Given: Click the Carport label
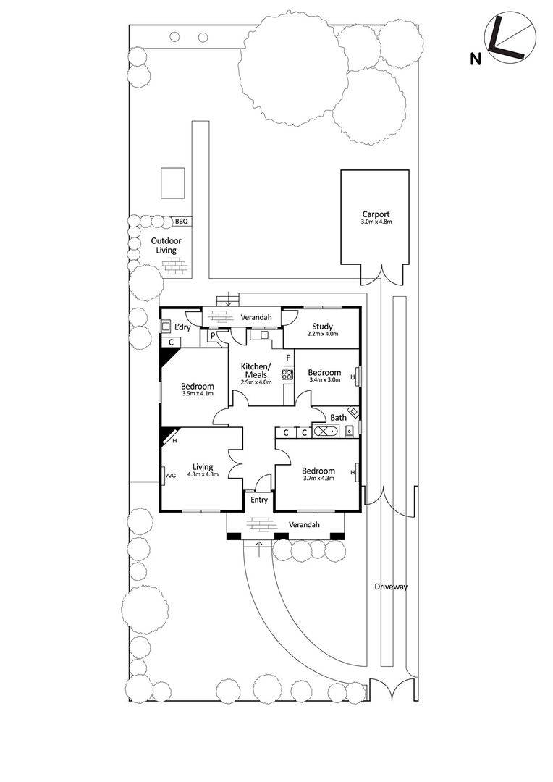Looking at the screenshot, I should [376, 214].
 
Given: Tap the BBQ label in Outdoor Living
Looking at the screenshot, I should [181, 222].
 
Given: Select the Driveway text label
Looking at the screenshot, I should [391, 586].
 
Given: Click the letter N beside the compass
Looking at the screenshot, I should [476, 59].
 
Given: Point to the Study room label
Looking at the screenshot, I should [322, 327].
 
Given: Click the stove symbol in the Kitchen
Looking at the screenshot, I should [287, 375].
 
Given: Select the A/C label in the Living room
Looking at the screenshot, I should [171, 476].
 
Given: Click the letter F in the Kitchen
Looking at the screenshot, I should [287, 357].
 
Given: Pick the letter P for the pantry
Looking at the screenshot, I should [214, 336].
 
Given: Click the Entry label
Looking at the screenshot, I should [258, 500].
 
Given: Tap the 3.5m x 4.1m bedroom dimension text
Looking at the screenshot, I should [197, 394].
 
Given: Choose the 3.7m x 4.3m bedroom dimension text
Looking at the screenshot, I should [318, 477].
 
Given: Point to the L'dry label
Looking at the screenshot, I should [182, 327].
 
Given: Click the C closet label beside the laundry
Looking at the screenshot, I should [171, 342].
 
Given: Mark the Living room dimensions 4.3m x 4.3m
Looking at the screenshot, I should [203, 474].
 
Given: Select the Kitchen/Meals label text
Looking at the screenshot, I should [257, 370].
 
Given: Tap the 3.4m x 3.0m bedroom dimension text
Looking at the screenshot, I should [324, 380].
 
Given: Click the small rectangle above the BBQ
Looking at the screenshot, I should [172, 182].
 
